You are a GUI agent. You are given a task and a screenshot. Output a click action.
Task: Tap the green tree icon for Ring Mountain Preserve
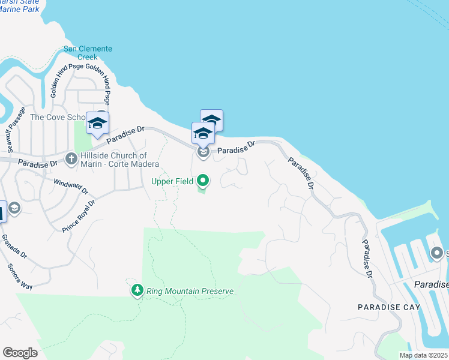[x=137, y=291]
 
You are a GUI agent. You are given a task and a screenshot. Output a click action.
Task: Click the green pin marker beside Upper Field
[x=203, y=179]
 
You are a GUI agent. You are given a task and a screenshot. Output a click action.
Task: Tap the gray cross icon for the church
[x=71, y=159]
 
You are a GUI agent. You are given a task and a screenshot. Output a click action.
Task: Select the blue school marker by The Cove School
[x=97, y=124]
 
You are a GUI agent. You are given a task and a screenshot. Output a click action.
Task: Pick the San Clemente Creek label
[x=88, y=53]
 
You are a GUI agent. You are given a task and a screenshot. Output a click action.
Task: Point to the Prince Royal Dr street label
[x=79, y=217]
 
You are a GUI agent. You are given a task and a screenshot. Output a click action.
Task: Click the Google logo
[x=20, y=353]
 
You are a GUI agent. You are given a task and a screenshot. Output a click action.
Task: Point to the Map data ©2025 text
[x=423, y=355]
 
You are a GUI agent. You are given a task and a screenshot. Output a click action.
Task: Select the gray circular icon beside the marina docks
[x=437, y=254]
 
